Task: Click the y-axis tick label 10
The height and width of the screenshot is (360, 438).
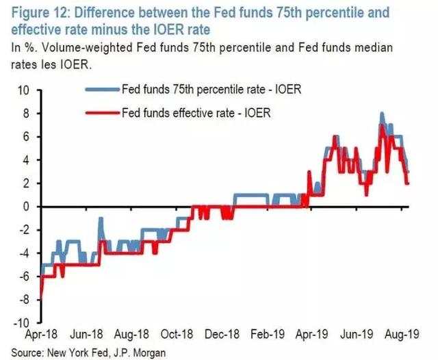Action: point(23,90)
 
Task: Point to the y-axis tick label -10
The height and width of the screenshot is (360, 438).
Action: point(21,323)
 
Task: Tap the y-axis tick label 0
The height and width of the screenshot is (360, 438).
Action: point(26,207)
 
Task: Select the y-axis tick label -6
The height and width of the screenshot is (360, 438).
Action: point(23,277)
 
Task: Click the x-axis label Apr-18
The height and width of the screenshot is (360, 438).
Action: point(41,334)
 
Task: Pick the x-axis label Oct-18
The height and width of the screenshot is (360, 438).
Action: point(177,334)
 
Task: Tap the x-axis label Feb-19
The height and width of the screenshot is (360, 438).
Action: point(268,334)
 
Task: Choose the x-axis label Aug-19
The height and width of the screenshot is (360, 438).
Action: point(402,334)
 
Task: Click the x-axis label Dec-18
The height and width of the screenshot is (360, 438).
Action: point(222,334)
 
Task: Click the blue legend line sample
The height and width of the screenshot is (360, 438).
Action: point(103,90)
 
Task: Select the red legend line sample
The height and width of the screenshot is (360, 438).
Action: point(103,113)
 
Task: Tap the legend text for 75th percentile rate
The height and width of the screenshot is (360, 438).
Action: point(211,90)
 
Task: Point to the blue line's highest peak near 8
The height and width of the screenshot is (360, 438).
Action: point(382,113)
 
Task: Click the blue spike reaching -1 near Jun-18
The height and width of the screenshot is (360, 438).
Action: point(101,218)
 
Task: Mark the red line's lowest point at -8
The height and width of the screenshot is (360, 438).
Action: point(41,299)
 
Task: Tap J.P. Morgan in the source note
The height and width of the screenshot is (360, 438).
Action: point(140,353)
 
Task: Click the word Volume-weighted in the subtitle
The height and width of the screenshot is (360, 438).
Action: point(87,47)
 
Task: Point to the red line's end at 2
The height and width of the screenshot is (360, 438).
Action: point(408,183)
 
